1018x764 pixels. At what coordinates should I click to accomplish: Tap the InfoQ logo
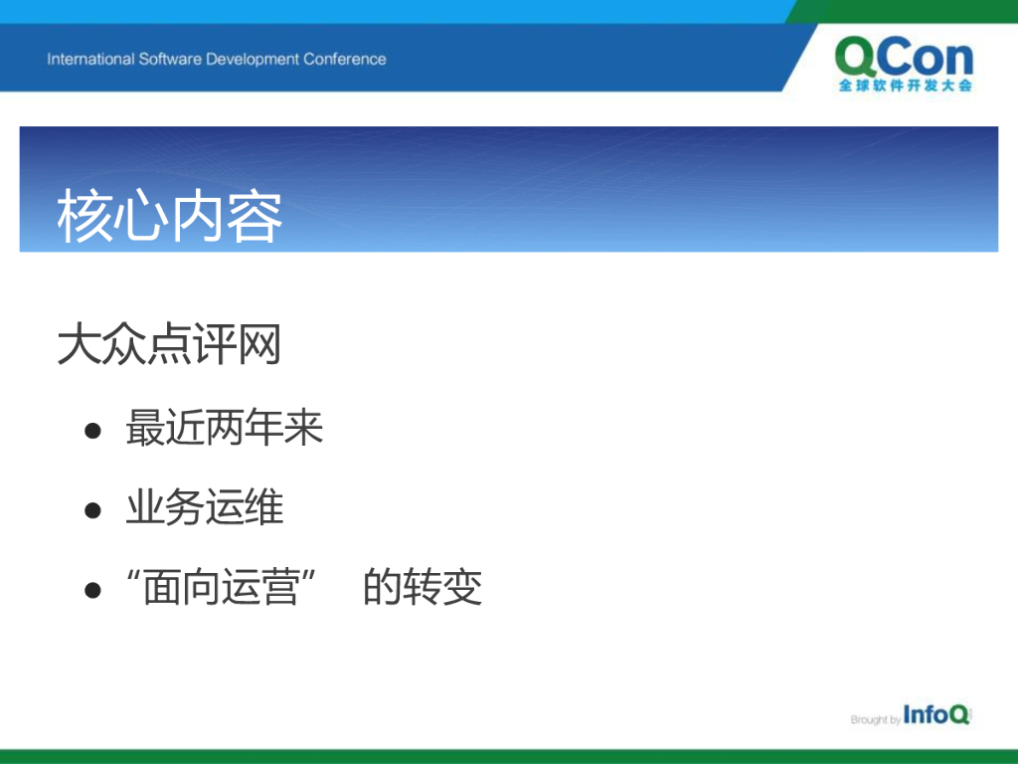tap(936, 714)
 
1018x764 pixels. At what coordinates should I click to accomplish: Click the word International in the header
tap(90, 59)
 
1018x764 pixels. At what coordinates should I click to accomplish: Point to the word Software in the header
tap(170, 59)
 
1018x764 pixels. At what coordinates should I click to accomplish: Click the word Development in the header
tap(253, 60)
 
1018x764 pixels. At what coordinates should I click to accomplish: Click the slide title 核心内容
tap(169, 217)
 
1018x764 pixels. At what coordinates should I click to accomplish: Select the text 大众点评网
tap(169, 343)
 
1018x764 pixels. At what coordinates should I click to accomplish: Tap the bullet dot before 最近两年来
tap(92, 430)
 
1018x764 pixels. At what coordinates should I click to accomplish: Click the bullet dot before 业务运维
tap(92, 510)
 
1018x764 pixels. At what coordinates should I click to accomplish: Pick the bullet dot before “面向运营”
tap(92, 590)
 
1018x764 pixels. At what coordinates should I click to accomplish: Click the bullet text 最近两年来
tap(224, 428)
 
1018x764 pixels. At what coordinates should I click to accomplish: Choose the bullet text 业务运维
tap(205, 507)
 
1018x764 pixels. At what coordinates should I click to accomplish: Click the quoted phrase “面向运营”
tap(222, 587)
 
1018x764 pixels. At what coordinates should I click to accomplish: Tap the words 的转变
tap(423, 587)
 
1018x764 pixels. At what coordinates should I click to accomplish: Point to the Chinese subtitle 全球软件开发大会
tap(905, 86)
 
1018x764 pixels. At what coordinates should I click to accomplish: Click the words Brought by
tap(875, 719)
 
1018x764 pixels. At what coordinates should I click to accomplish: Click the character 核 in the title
tap(85, 217)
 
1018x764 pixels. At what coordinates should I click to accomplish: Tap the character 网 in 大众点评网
tap(259, 343)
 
